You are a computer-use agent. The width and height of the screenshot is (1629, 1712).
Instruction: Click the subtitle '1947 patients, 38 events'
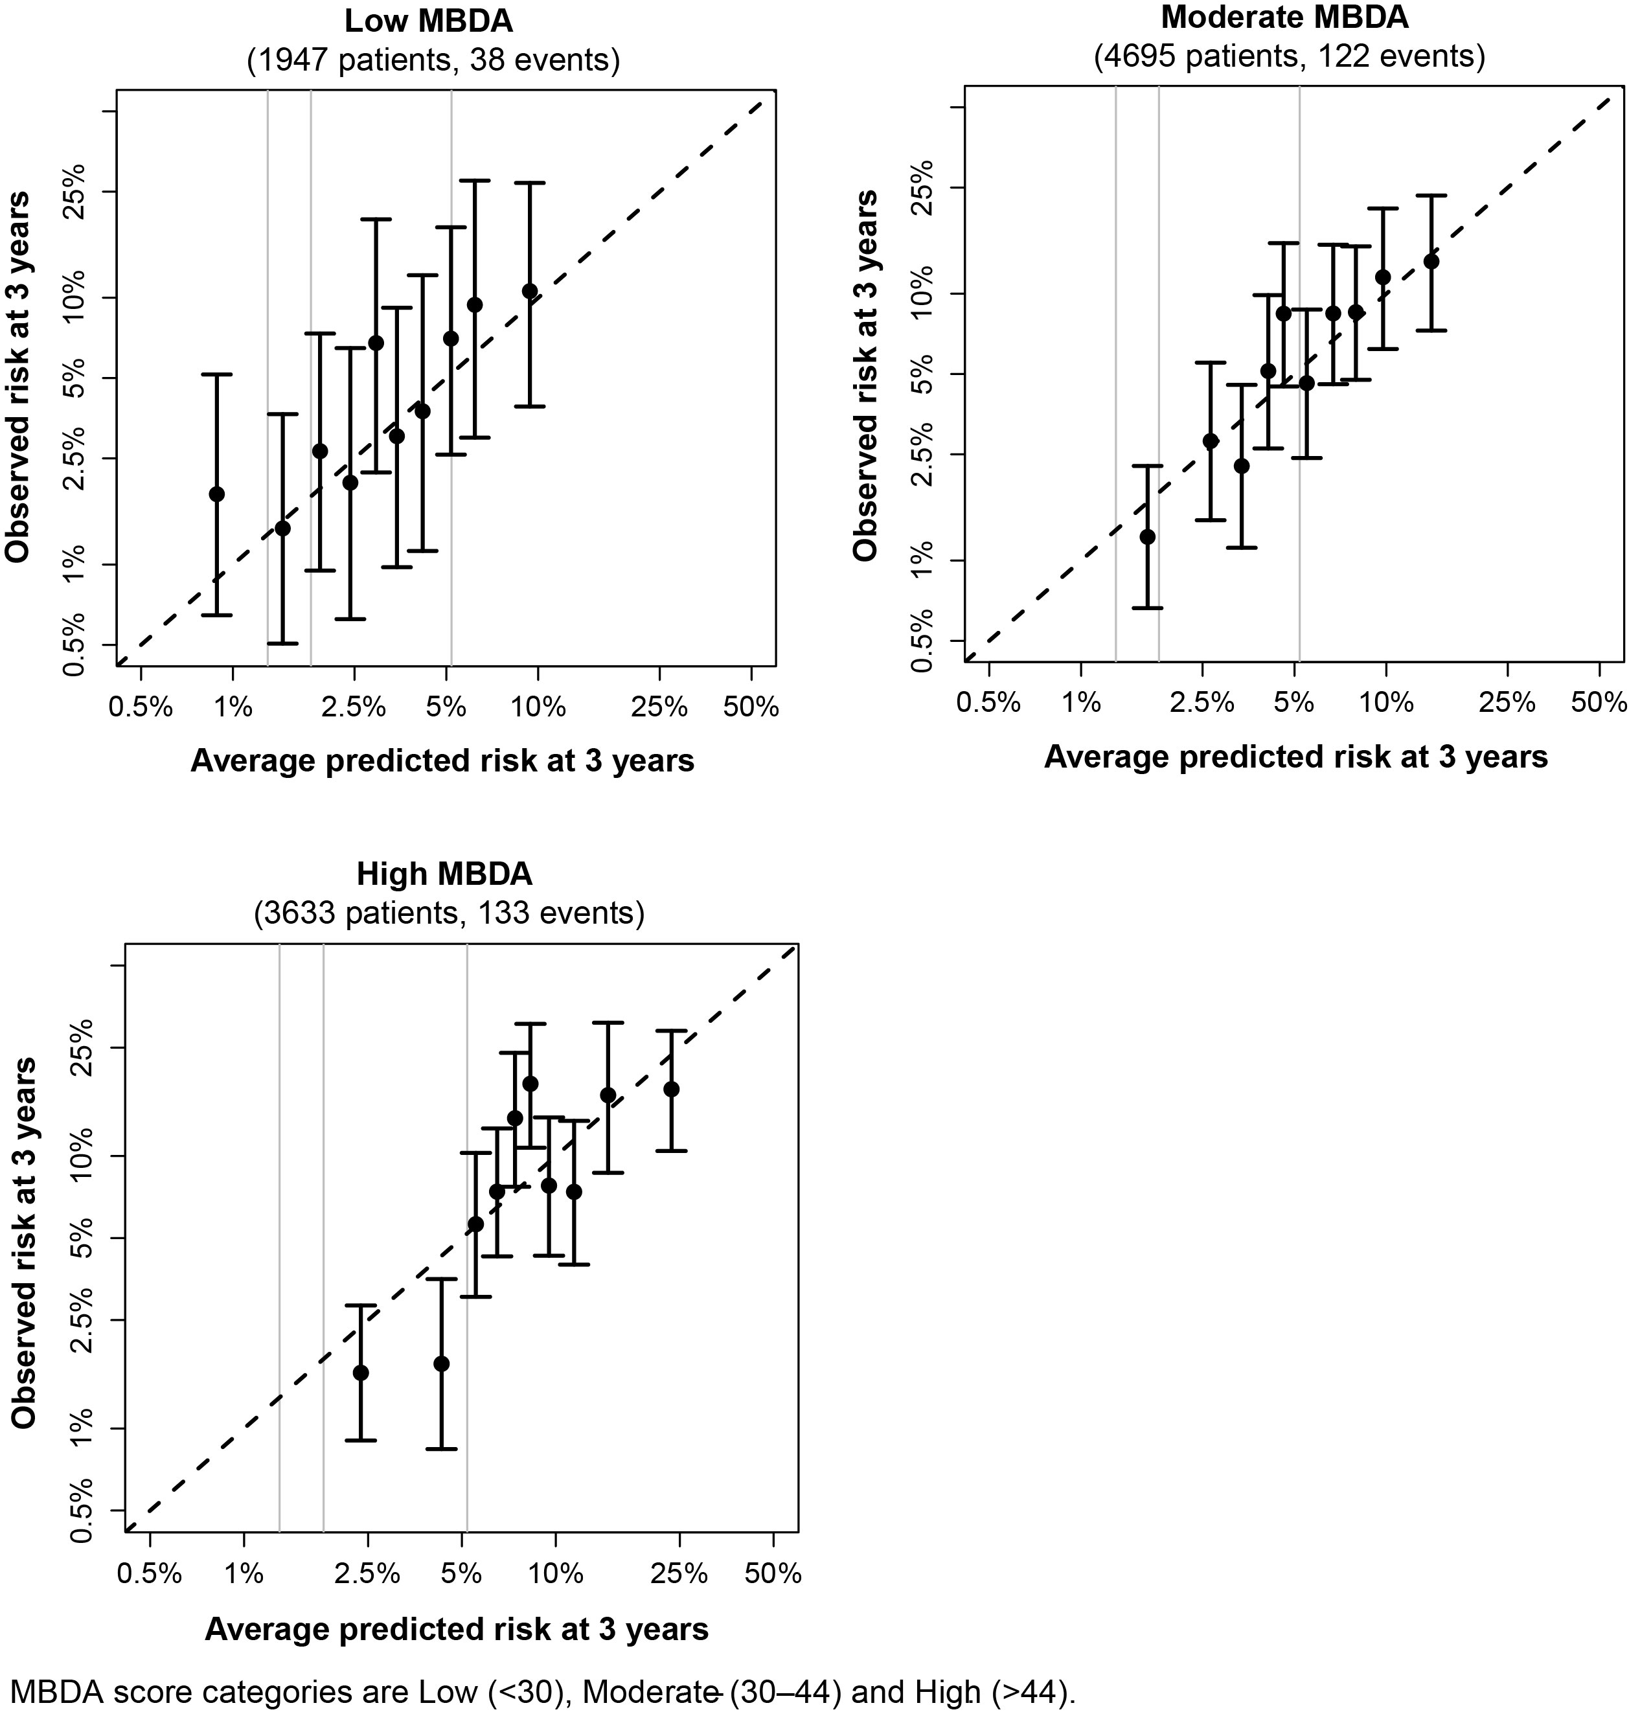[x=433, y=62]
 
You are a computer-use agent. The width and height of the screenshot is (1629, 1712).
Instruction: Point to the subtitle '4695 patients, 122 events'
[x=1290, y=56]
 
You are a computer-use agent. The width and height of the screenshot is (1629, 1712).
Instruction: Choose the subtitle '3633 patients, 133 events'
[x=449, y=914]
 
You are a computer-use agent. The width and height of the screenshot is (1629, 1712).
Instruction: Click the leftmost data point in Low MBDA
[x=217, y=494]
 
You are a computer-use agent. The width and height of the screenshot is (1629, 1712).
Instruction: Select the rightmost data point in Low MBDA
[x=530, y=291]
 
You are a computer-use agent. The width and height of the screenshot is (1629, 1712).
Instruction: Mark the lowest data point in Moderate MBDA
[x=1147, y=536]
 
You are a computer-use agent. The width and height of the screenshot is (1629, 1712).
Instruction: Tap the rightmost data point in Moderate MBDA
[x=1431, y=261]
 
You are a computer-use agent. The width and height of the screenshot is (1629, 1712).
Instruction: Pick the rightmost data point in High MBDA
[x=671, y=1090]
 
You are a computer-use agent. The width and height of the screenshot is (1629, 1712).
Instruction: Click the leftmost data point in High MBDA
[x=360, y=1373]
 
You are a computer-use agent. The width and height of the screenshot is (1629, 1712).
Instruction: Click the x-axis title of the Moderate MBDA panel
[x=1295, y=757]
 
